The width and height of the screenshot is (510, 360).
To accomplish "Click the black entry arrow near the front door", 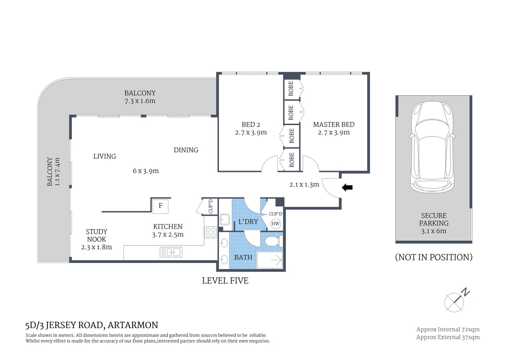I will (x=347, y=187).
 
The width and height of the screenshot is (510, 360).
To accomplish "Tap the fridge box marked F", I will (x=160, y=206).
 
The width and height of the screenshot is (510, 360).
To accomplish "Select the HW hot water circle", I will (x=275, y=223).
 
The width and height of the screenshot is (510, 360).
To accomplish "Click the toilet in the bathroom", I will (x=273, y=241).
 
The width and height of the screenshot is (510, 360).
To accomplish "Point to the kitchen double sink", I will (x=171, y=252).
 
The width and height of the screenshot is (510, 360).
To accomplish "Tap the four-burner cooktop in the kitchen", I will (x=210, y=232).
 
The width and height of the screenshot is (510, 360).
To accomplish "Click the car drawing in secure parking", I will (x=432, y=147).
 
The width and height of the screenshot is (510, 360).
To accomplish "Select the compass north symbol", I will (x=454, y=299).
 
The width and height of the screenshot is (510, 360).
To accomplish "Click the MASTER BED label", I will (x=333, y=125).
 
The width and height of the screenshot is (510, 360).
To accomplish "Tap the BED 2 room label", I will (x=250, y=125).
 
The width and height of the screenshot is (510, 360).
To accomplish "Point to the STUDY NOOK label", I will (x=97, y=235).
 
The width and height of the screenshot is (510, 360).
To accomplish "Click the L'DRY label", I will (x=248, y=222).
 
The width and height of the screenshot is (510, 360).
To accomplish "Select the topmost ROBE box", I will (x=292, y=89).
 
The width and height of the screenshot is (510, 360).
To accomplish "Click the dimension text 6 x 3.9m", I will (x=145, y=171).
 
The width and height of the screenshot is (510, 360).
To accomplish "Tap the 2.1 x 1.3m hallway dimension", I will (x=304, y=185).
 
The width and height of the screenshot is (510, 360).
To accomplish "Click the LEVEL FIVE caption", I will (x=225, y=281).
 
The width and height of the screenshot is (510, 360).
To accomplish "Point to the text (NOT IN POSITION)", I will (x=433, y=257).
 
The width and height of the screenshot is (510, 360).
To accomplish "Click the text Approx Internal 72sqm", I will (x=448, y=329).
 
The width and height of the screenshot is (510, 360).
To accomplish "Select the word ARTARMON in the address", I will (x=133, y=325).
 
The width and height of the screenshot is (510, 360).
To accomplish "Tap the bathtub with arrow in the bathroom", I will (x=270, y=260).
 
